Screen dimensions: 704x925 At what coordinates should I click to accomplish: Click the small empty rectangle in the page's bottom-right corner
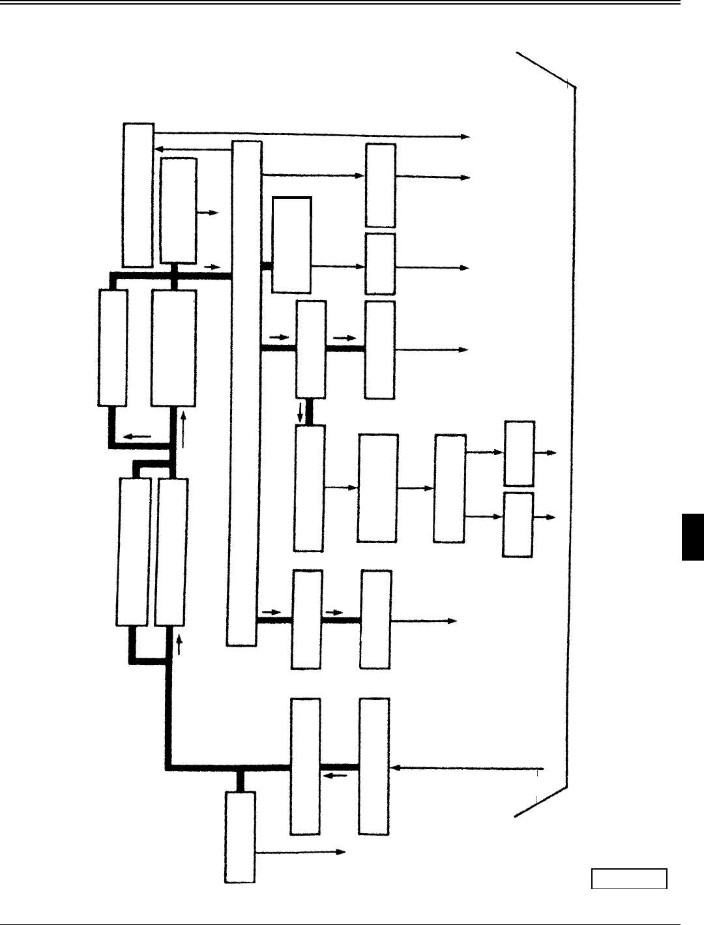629,879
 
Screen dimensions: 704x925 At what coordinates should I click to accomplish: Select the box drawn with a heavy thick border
291,244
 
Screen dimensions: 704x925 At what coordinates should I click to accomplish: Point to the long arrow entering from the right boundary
468,768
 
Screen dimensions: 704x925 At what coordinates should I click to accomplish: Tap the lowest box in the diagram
240,838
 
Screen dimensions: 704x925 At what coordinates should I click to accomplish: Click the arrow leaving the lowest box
300,851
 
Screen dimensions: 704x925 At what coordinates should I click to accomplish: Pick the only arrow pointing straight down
301,411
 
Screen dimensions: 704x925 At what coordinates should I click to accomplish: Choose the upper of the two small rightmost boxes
520,453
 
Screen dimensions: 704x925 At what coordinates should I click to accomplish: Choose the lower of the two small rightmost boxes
518,524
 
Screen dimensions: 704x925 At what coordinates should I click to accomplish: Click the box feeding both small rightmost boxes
449,488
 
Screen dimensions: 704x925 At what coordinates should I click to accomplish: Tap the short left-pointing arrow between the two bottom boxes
335,775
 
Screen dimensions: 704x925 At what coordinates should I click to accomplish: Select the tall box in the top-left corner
138,194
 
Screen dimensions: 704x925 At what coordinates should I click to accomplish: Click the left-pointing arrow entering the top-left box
193,149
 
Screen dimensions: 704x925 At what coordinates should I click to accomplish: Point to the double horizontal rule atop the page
352,4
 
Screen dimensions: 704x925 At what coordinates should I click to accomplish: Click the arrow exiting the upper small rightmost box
546,452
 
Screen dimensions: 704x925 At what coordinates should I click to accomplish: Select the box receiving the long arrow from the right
374,766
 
